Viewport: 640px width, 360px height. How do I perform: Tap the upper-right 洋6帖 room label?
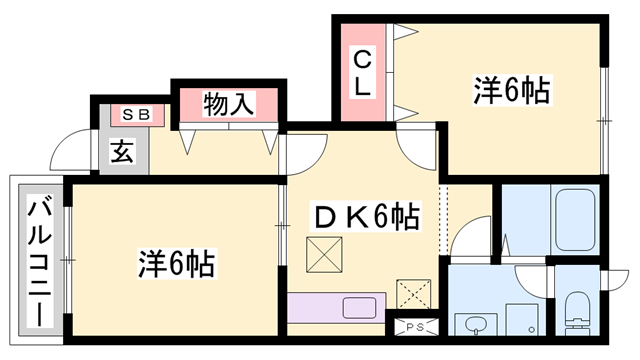pyautogui.click(x=511, y=91)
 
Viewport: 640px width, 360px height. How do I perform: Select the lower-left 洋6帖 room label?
pyautogui.click(x=176, y=264)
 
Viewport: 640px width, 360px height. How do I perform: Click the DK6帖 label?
pyautogui.click(x=367, y=215)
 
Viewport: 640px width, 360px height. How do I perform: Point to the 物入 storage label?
pyautogui.click(x=229, y=103)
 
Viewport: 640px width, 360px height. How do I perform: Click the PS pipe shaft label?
pyautogui.click(x=415, y=327)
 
